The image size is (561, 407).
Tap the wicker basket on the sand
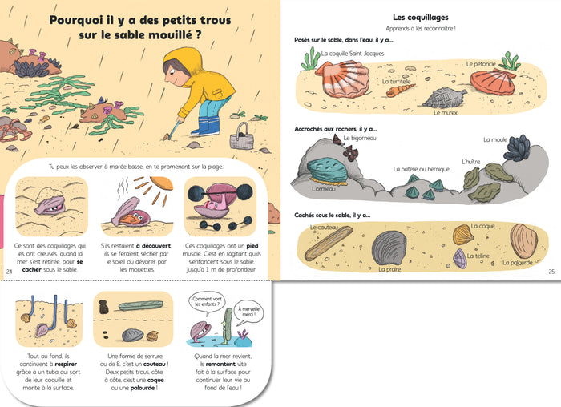point(241,138)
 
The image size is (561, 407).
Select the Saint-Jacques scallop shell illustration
point(343,79)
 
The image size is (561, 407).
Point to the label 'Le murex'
point(446,113)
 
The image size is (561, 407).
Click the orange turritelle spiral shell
point(400,90)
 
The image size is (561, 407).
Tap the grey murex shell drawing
point(445,98)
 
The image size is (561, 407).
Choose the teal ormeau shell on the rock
point(327,171)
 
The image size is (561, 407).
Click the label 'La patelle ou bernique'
point(421,169)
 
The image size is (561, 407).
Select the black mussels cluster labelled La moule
point(517,147)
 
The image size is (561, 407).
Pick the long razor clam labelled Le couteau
point(329,244)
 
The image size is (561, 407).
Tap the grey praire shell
point(389,248)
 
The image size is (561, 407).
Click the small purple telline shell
point(460,258)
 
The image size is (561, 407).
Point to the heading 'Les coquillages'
point(421,17)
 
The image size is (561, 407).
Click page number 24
point(10,272)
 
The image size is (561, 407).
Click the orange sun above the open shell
point(162,183)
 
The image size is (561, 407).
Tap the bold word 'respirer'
point(66,364)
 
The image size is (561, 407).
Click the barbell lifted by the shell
point(220,194)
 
